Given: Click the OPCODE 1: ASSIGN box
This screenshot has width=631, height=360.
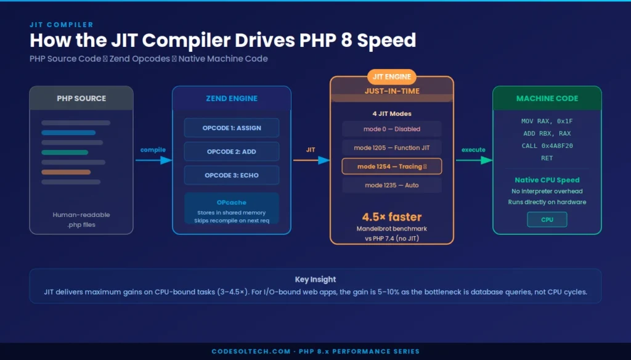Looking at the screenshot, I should click(x=232, y=128).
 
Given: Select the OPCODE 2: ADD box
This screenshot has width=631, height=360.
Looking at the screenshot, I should click(x=232, y=152).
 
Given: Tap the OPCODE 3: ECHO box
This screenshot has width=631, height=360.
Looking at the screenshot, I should click(x=232, y=175).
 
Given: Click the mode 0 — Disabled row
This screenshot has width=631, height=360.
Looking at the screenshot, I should click(x=392, y=129).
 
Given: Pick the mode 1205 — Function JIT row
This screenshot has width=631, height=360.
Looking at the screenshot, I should click(x=392, y=148).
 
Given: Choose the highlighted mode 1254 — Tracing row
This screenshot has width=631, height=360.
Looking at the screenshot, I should click(x=392, y=166).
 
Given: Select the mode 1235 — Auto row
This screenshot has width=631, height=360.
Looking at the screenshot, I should click(x=392, y=185).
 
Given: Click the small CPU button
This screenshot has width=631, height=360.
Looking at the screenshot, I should click(x=547, y=219).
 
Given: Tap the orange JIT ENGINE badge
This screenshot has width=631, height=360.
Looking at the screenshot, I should click(x=392, y=77).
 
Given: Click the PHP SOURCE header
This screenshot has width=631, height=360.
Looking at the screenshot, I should click(x=81, y=99).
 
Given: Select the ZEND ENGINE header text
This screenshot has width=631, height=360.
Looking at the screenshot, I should click(x=232, y=99).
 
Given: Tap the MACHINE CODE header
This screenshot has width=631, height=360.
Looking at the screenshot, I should click(x=547, y=99).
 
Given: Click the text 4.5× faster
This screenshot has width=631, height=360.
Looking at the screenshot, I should click(x=392, y=216).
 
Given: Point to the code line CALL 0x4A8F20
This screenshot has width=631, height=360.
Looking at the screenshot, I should click(x=547, y=146).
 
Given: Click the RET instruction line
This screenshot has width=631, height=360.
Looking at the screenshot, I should click(x=547, y=158).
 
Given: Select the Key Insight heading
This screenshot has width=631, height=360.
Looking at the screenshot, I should click(x=315, y=279).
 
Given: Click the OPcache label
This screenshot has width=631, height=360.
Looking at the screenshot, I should click(x=232, y=202).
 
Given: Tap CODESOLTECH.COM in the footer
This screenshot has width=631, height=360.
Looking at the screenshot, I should click(x=251, y=351).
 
